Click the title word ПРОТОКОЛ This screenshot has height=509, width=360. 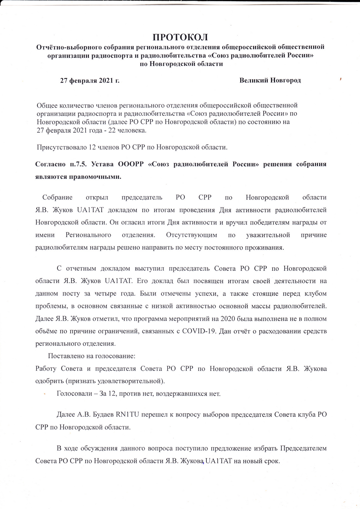(x=180, y=37)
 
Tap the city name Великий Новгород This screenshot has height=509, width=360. (x=270, y=80)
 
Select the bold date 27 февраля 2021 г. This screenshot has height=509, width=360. (x=90, y=80)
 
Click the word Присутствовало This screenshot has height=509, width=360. (x=59, y=147)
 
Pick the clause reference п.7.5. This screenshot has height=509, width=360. (x=78, y=164)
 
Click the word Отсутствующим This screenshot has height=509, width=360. (x=191, y=235)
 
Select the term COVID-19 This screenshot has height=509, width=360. (x=198, y=331)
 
